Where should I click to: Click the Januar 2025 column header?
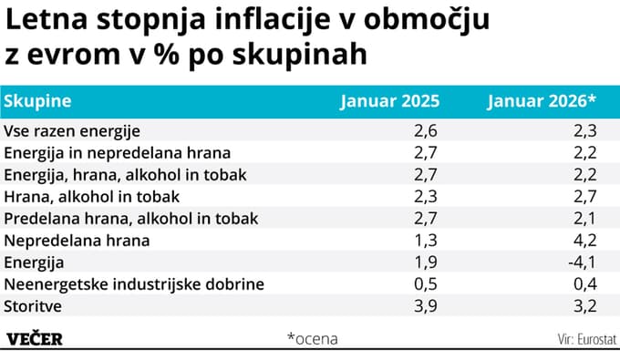point(389,101)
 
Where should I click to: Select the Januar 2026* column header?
point(542,101)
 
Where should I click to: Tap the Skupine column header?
point(37,101)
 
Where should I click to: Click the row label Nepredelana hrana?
point(77,241)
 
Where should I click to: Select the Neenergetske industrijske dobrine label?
point(134,283)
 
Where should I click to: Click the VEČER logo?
point(35,338)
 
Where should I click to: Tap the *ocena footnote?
point(312,338)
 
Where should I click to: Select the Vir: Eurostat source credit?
point(587,339)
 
